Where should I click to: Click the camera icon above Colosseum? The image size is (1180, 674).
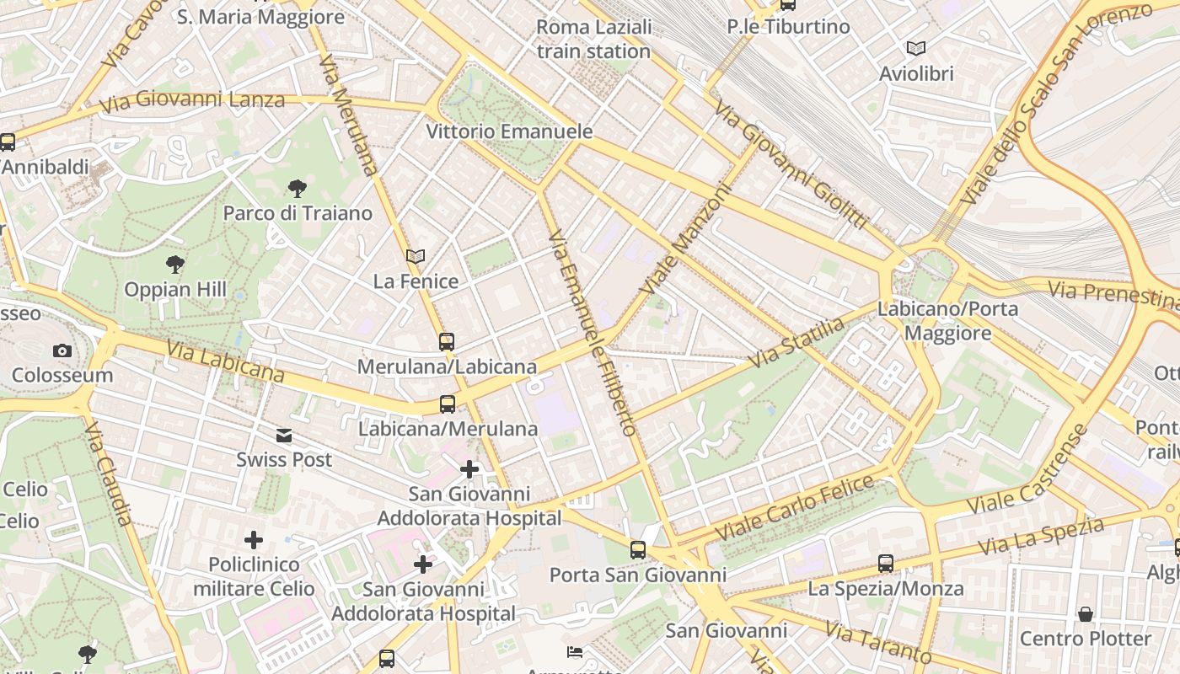62,350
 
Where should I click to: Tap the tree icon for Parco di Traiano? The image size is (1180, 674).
297,188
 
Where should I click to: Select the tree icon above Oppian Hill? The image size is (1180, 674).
175,265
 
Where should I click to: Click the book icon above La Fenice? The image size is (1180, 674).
416,256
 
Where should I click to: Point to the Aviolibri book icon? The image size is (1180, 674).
916,48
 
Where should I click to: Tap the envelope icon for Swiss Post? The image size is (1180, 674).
284,436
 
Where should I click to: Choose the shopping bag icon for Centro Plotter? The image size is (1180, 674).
1086,613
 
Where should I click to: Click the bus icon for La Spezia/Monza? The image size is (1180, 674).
886,563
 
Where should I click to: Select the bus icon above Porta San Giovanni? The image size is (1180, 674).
638,550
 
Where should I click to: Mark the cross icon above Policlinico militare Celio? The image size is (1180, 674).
254,539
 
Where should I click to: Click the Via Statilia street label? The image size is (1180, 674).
796,342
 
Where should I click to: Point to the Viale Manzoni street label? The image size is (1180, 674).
687,239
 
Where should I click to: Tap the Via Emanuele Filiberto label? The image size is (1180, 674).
591,332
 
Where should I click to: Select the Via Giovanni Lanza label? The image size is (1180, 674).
192,101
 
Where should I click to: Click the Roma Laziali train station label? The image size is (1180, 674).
594,39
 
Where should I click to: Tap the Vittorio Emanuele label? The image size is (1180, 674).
509,131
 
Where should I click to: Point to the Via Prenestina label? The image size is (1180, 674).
1113,295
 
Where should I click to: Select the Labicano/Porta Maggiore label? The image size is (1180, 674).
948,321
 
